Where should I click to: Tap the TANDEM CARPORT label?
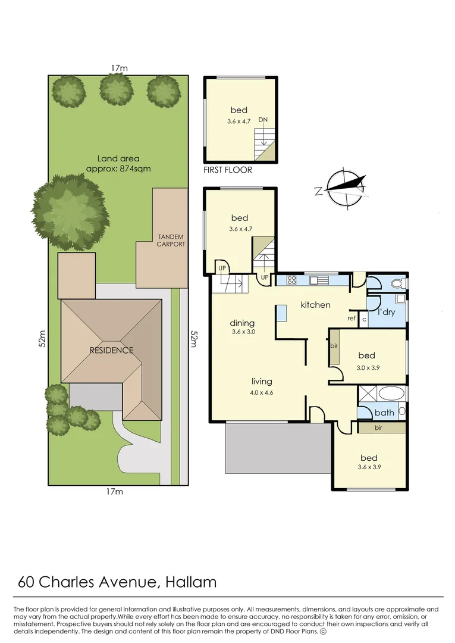pyautogui.click(x=171, y=241)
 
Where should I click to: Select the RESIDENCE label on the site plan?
pyautogui.click(x=111, y=350)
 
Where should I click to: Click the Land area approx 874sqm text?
pyautogui.click(x=118, y=163)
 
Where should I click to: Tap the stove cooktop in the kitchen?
pyautogui.click(x=291, y=280)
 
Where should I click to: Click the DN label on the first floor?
pyautogui.click(x=263, y=120)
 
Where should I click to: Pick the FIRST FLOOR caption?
pyautogui.click(x=228, y=170)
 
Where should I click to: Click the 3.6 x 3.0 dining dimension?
pyautogui.click(x=243, y=332)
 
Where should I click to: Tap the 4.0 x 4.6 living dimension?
pyautogui.click(x=261, y=392)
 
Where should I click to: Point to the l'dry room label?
pyautogui.click(x=386, y=311)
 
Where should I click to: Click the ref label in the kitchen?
pyautogui.click(x=352, y=318)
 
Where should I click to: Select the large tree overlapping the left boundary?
pyautogui.click(x=70, y=211)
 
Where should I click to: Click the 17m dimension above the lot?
pyautogui.click(x=119, y=68)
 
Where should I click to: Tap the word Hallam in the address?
pyautogui.click(x=191, y=582)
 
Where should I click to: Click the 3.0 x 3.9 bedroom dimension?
pyautogui.click(x=368, y=368)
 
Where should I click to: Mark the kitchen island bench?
pyautogui.click(x=281, y=313)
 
